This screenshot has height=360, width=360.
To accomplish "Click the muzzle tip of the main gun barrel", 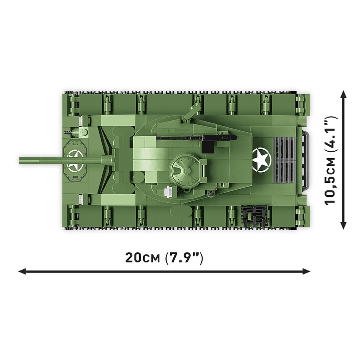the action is [20, 161].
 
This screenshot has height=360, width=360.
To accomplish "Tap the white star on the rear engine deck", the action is [262, 160].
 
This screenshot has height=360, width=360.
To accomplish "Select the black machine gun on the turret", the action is [197, 138].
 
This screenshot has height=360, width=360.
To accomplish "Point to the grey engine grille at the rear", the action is [284, 160].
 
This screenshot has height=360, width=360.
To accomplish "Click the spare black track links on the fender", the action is [254, 215].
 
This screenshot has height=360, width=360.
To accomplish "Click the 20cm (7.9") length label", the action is [164, 258].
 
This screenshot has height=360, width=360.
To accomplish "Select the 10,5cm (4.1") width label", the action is [331, 160].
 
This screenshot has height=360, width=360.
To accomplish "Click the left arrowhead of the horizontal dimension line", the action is [22, 271].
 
